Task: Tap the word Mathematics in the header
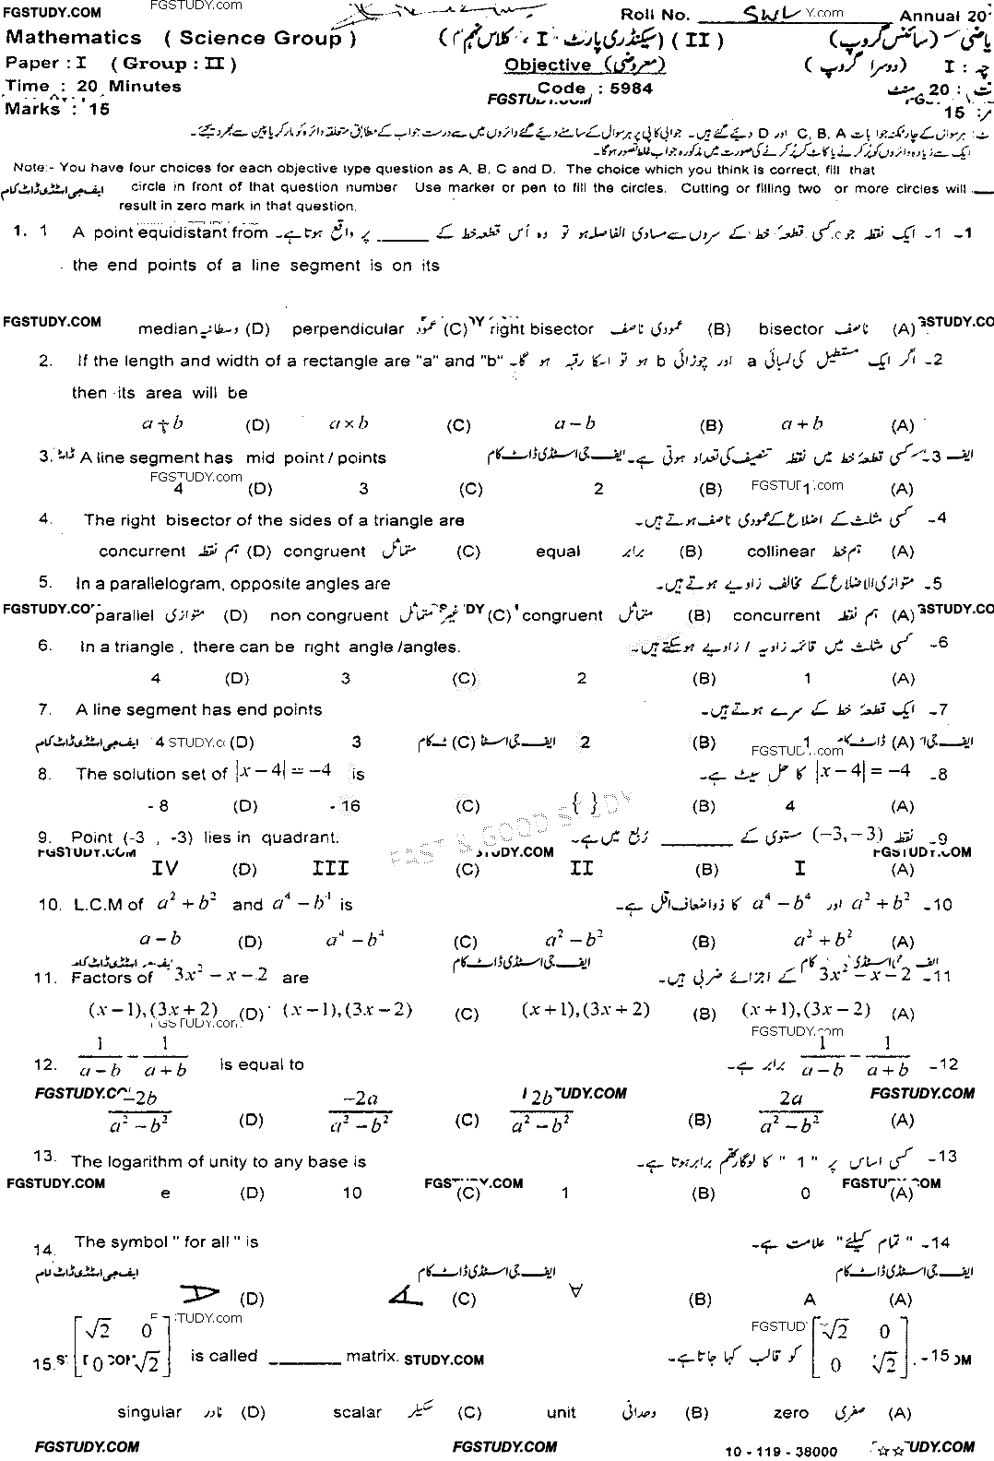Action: click(74, 39)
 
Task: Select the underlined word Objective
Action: click(548, 65)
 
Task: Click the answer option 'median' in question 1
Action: click(168, 329)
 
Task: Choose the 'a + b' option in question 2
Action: click(801, 424)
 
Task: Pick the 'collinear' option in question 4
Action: click(781, 552)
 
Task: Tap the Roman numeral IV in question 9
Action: click(165, 868)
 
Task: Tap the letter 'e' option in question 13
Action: click(166, 1194)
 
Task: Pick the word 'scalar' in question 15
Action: click(357, 1412)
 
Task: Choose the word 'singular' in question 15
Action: click(150, 1412)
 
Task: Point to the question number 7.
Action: click(43, 709)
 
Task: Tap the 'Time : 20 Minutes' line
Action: click(94, 87)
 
